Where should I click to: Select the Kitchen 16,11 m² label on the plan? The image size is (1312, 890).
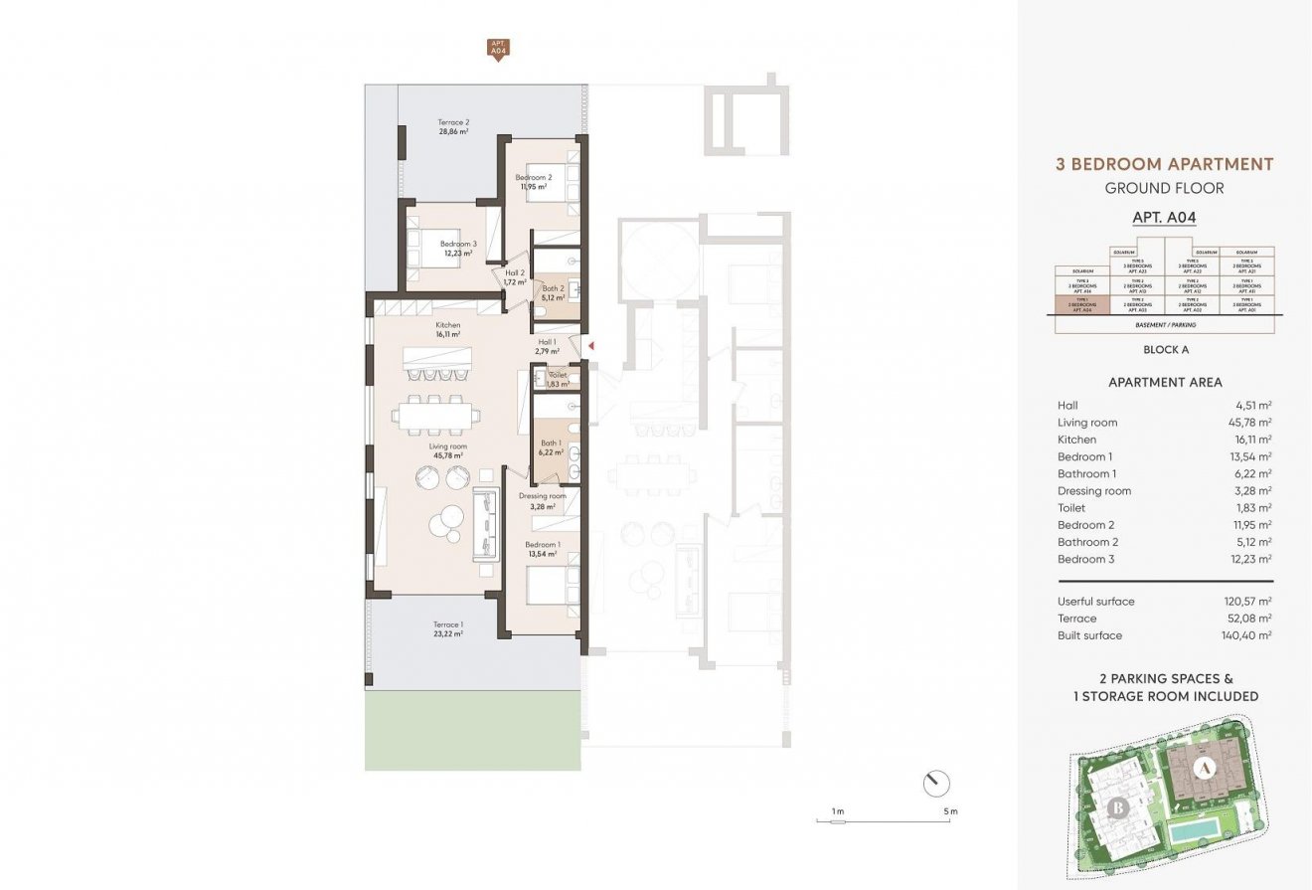447,330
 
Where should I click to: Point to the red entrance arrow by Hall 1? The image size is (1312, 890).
590,346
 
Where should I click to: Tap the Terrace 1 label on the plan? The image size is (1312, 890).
448,628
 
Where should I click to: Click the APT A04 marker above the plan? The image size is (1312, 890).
497,49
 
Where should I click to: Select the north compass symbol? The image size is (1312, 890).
935,784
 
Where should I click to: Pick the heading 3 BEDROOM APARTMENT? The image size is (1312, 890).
1164,164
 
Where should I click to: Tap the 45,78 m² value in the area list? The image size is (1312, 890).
1249,423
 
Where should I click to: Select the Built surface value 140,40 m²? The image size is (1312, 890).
1248,635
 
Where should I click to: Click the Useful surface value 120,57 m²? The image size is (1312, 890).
1248,602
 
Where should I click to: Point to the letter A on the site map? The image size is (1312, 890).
1204,768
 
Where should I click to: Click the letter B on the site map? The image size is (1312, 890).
1118,806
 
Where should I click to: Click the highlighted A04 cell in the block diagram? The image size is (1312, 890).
1080,306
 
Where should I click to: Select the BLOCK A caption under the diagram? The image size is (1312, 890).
1165,349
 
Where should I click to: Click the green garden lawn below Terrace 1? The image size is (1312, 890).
472,731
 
